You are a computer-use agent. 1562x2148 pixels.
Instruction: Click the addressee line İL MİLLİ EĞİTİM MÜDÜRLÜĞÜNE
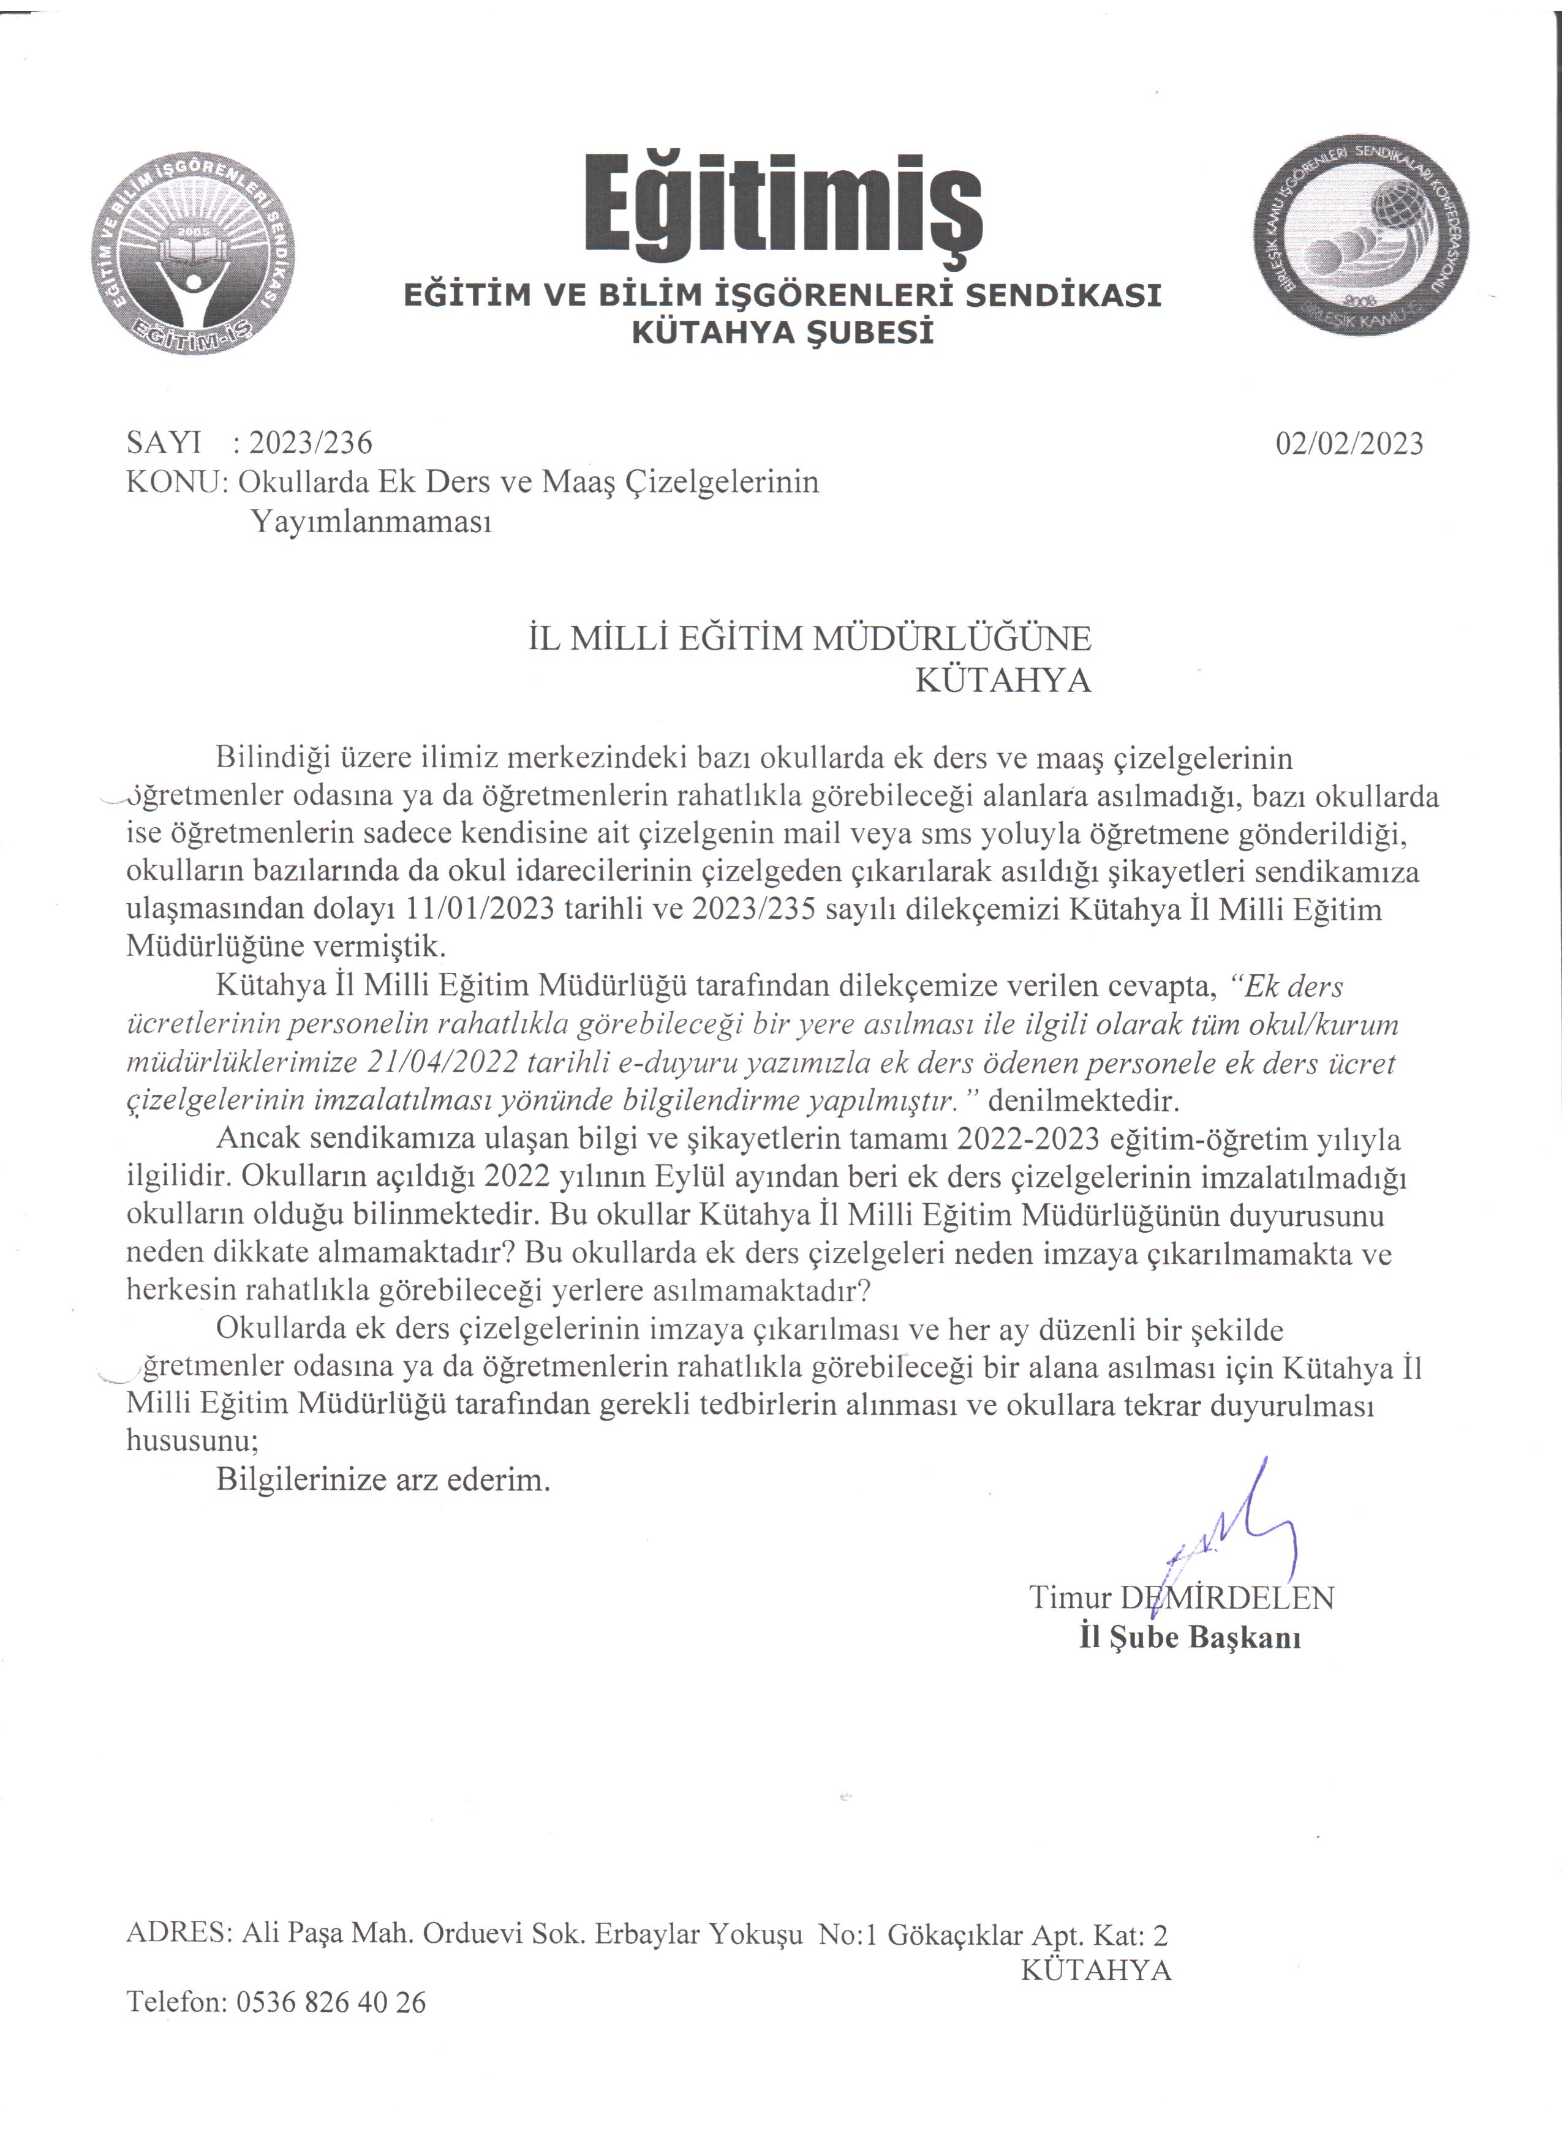coord(809,639)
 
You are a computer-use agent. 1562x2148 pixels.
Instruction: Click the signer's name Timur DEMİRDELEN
coord(1181,1598)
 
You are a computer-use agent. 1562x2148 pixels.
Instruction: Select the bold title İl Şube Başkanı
coord(1190,1637)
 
